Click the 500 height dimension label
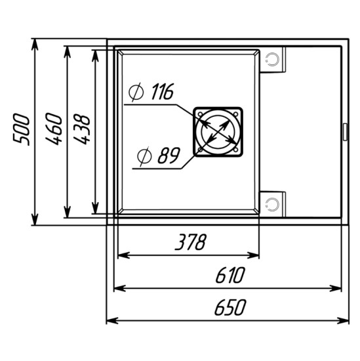(x=22, y=129)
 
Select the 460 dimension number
(x=54, y=129)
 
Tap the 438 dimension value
(x=82, y=129)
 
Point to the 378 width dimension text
(x=191, y=242)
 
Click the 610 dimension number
(x=230, y=275)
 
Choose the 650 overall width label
(x=230, y=307)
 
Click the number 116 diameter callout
(x=163, y=92)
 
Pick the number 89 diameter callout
(x=169, y=156)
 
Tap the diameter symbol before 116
(x=136, y=92)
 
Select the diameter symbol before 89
(x=144, y=156)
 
